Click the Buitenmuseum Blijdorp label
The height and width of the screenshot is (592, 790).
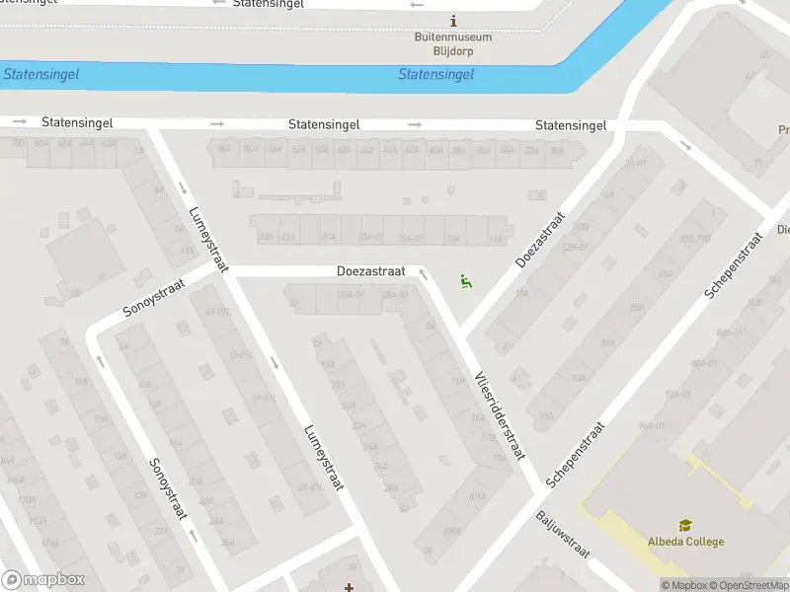(x=452, y=42)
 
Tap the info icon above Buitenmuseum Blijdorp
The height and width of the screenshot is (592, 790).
(x=453, y=21)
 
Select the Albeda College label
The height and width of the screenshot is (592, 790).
(x=685, y=542)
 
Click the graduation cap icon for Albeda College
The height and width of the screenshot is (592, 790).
(x=684, y=526)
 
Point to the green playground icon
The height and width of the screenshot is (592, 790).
(x=465, y=282)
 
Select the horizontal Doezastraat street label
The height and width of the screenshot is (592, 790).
(x=370, y=270)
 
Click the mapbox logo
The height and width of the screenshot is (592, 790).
(x=43, y=579)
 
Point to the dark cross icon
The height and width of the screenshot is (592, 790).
(x=349, y=588)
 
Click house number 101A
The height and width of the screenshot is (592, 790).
(x=478, y=496)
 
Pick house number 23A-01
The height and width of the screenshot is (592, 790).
(x=371, y=238)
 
